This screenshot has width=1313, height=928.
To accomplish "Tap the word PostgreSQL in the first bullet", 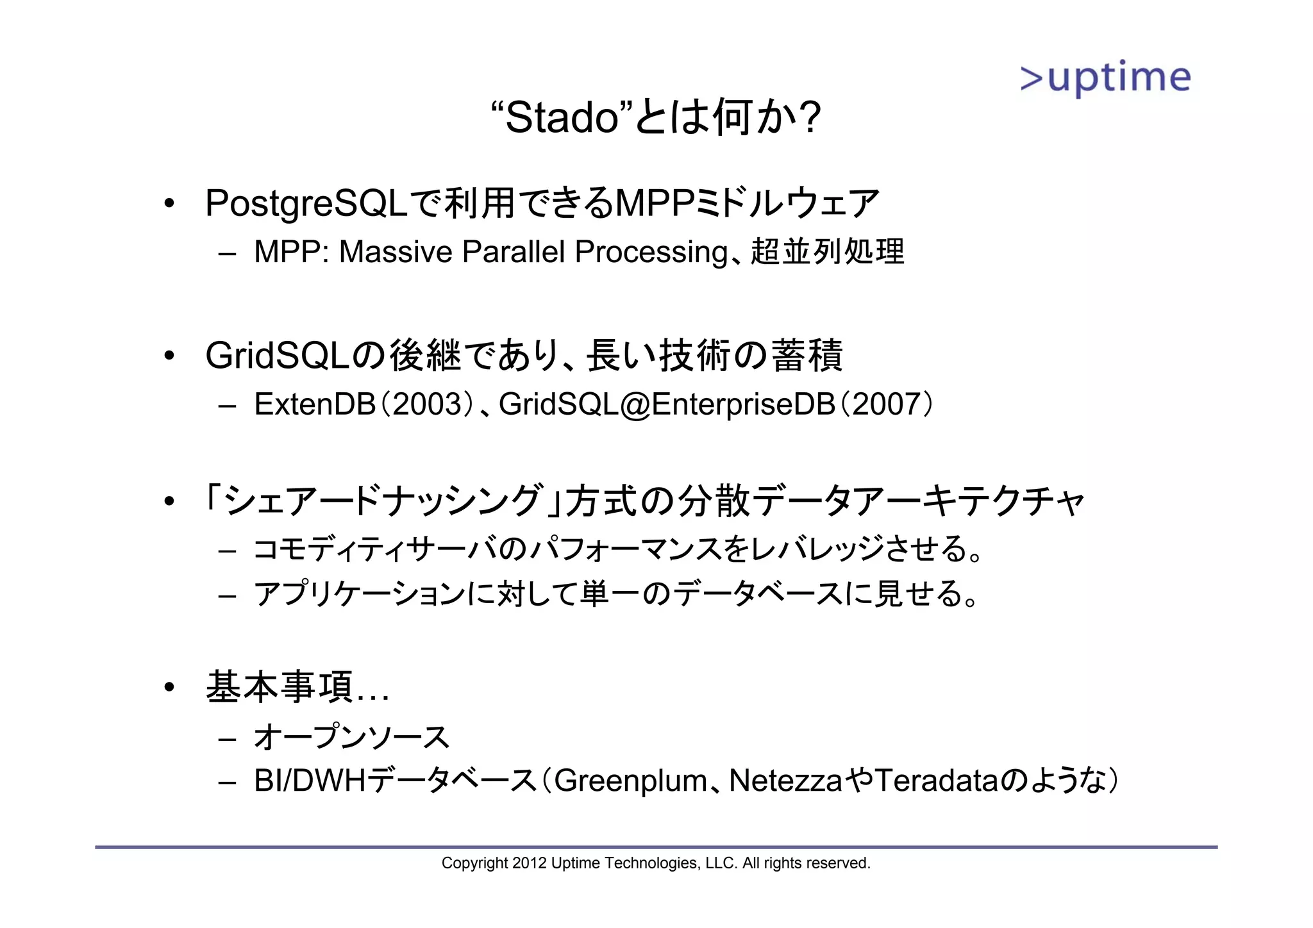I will [x=306, y=204].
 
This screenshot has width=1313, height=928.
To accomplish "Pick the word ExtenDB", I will [x=314, y=404].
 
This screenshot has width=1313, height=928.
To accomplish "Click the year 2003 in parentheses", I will [x=427, y=404].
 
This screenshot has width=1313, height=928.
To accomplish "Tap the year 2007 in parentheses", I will [x=887, y=404].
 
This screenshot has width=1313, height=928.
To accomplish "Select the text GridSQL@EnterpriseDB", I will [x=667, y=404].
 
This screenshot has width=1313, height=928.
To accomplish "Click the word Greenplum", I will [x=630, y=781].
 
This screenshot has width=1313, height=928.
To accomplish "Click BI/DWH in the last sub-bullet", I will [x=309, y=781].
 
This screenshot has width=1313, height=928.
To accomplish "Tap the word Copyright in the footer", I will [x=474, y=863].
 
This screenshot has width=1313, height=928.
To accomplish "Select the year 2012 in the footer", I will [x=529, y=863].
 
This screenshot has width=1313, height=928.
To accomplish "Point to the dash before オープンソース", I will [x=227, y=739].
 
